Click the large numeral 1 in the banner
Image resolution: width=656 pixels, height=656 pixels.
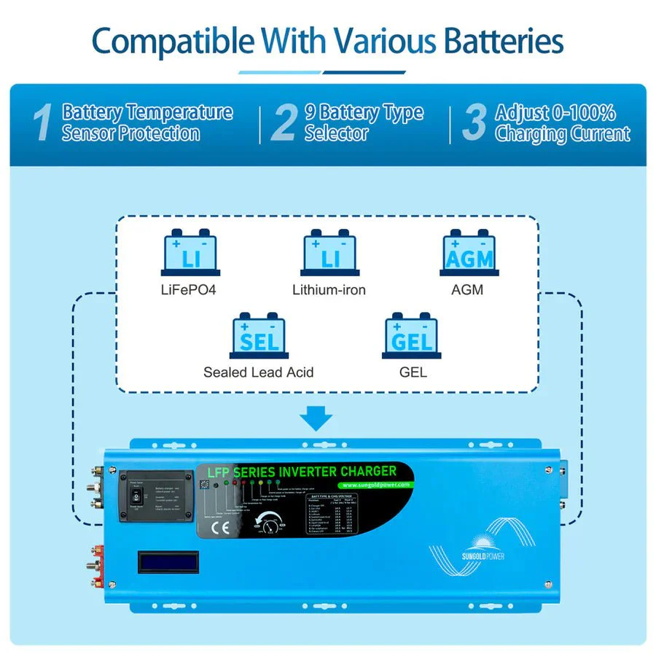pyautogui.click(x=43, y=123)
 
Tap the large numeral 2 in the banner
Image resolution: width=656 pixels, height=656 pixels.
pyautogui.click(x=283, y=123)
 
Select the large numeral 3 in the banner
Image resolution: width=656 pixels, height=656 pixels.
pyautogui.click(x=474, y=123)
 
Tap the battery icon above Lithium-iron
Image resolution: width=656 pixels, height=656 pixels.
pyautogui.click(x=329, y=254)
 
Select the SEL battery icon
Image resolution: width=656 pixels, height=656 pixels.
pyautogui.click(x=258, y=336)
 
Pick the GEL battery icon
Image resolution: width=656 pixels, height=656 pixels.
pyautogui.click(x=412, y=336)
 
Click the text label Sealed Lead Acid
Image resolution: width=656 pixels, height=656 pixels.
pyautogui.click(x=258, y=372)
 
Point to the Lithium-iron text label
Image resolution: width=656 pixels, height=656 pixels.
pyautogui.click(x=329, y=290)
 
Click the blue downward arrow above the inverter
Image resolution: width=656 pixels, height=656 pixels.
pyautogui.click(x=316, y=418)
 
